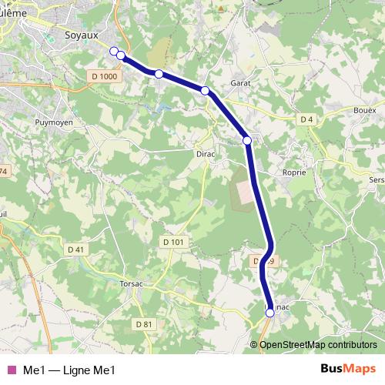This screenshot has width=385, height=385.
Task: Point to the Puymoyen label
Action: click(53, 122)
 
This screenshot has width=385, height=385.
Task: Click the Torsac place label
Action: click(132, 283)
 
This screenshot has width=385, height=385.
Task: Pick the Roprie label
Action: click(295, 172)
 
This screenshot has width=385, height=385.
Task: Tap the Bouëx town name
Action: click(365, 110)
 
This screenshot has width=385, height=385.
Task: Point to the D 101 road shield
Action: click(175, 242)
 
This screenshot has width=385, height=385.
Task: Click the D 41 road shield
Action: click(75, 249)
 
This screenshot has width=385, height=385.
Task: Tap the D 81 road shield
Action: click(145, 324)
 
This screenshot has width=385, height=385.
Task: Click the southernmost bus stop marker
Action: click(269, 313)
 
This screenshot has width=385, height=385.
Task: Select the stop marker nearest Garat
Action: click(205, 91)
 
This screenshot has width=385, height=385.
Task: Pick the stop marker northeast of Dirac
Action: click(247, 140)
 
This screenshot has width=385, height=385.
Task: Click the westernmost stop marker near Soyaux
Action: click(114, 51)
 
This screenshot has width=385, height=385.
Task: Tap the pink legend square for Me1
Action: click(11, 370)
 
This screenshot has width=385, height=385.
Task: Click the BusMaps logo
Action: click(348, 369)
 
